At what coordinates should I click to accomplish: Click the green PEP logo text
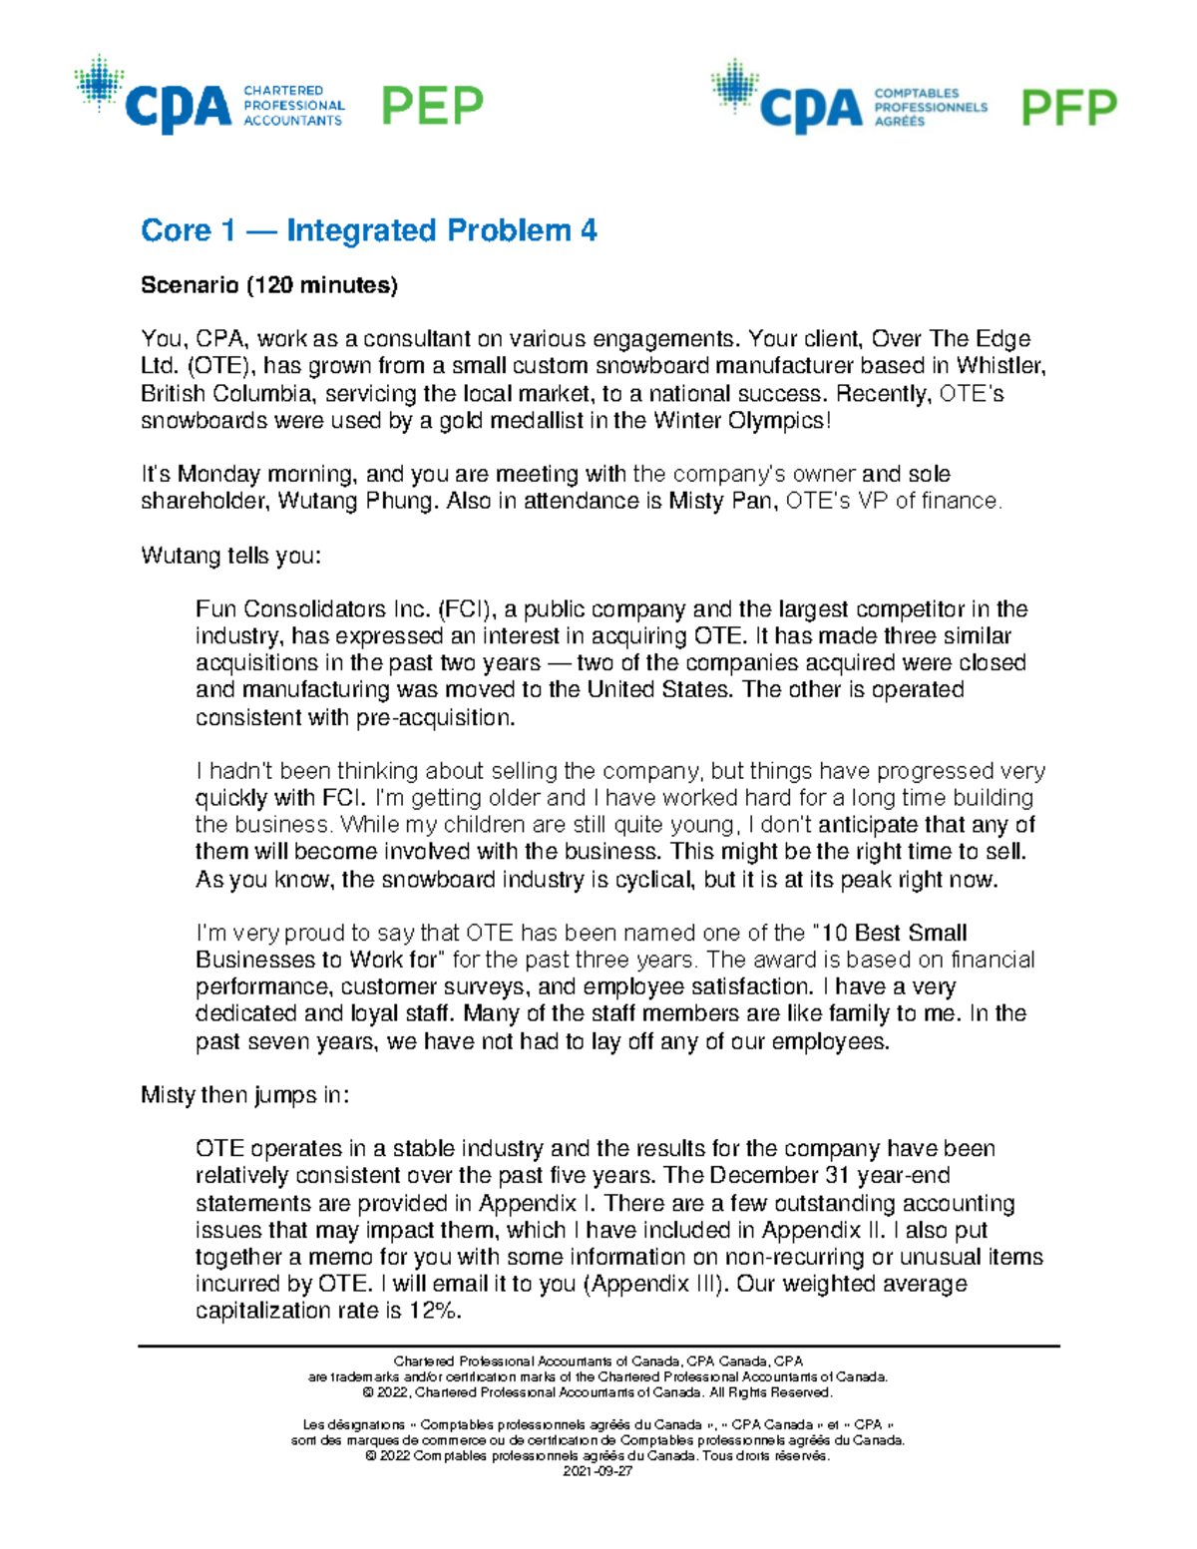(x=432, y=106)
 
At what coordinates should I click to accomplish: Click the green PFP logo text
(x=1068, y=108)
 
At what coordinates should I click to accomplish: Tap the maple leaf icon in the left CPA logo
(x=99, y=82)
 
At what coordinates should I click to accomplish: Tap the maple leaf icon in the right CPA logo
(x=734, y=85)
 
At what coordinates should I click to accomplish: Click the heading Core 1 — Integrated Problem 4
(x=368, y=230)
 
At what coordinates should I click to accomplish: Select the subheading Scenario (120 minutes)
(x=268, y=285)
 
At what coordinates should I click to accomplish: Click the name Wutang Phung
(x=353, y=501)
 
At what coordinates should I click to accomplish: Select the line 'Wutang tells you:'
(x=230, y=556)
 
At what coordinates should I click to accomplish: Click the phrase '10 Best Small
(x=893, y=933)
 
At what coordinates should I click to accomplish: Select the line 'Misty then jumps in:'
(x=244, y=1095)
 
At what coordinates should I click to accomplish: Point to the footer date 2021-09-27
(x=598, y=1471)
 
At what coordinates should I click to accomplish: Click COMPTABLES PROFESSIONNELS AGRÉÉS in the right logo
(x=930, y=107)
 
